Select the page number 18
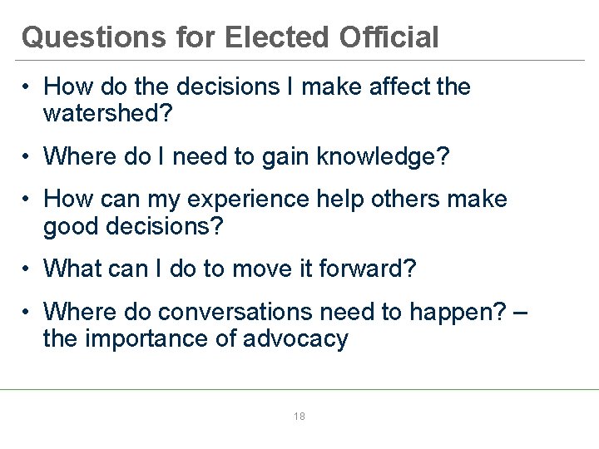[x=299, y=416]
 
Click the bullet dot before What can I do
[x=27, y=269]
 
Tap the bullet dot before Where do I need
[x=27, y=156]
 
